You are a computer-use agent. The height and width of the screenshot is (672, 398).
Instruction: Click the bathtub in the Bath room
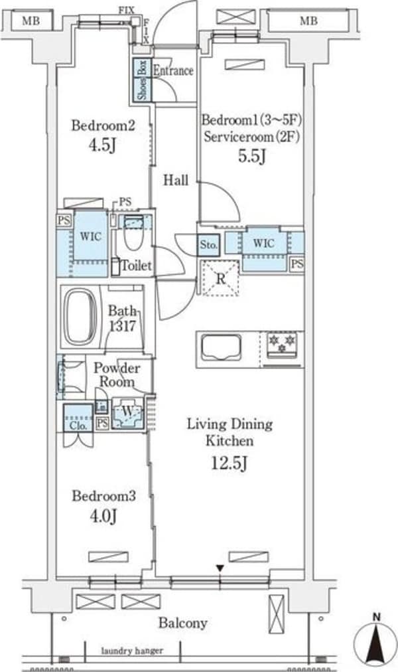[80, 316]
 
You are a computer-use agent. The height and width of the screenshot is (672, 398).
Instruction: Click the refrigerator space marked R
[220, 279]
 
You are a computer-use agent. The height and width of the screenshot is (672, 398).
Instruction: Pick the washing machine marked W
[127, 413]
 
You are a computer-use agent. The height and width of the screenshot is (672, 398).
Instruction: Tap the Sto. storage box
[208, 245]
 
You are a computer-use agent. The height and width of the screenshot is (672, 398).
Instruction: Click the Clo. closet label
[78, 426]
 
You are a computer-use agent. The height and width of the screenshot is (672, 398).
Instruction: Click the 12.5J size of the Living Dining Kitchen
[230, 463]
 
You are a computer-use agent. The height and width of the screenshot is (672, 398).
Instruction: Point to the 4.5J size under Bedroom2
[102, 145]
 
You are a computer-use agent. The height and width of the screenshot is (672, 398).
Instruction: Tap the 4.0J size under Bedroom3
[103, 516]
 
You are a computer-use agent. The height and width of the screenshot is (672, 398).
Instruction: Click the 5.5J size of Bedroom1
[252, 156]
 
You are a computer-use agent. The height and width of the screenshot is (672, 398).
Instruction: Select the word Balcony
[182, 623]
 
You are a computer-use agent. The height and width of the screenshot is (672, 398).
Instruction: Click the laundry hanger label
[132, 651]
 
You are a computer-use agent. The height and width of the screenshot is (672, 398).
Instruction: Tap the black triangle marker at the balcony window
[220, 568]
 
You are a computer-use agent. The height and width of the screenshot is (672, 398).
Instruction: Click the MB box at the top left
[31, 20]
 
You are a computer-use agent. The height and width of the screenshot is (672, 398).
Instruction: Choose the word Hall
[176, 180]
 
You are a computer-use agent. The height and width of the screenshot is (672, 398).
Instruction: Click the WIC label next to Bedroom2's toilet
[91, 236]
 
